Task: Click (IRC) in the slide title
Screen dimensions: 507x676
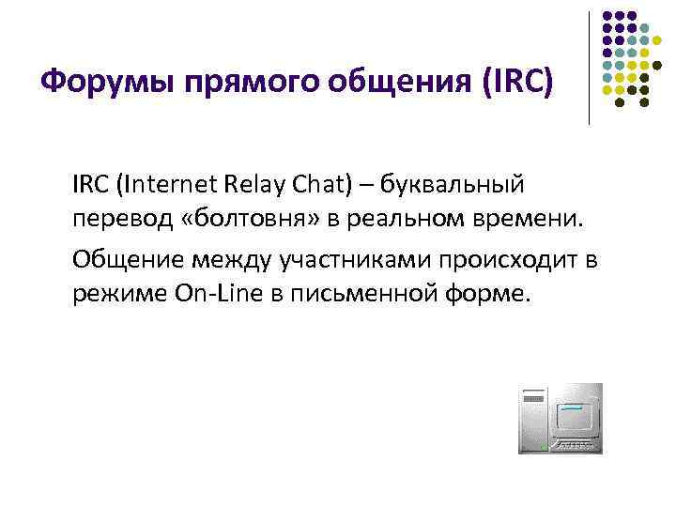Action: point(516,84)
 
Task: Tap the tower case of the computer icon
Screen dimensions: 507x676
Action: point(531,419)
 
